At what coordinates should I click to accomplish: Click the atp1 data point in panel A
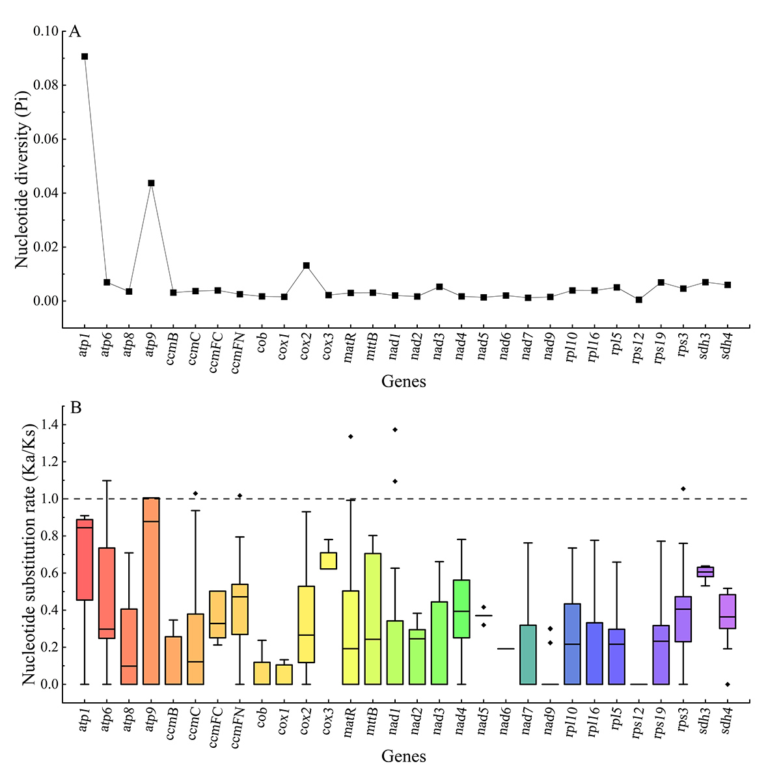85,57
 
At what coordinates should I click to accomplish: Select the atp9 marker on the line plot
151,183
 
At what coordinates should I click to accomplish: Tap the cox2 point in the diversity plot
306,266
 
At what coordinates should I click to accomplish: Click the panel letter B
75,408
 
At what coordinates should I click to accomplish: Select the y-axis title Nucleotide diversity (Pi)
23,179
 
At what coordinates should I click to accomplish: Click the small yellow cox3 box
328,560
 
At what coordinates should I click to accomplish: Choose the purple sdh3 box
706,571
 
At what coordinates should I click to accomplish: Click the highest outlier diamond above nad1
394,430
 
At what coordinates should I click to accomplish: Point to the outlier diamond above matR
350,436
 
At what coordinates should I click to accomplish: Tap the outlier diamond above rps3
683,489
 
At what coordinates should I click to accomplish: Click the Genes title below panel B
404,757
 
